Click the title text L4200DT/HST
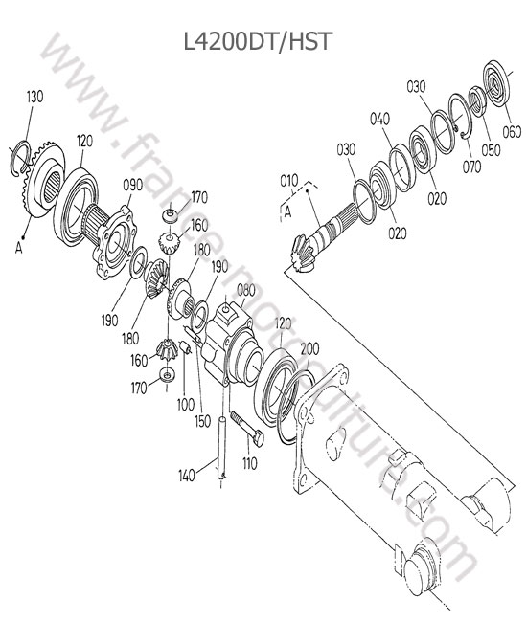click(x=258, y=41)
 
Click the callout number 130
click(x=34, y=97)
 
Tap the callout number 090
click(x=132, y=185)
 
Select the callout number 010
click(x=289, y=181)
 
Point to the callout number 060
click(x=512, y=132)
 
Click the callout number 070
click(x=471, y=167)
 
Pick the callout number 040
click(x=380, y=119)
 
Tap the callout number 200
click(x=309, y=348)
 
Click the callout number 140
click(x=187, y=476)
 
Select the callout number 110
click(x=249, y=463)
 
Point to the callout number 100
click(x=186, y=405)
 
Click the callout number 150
click(x=202, y=421)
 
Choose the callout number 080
click(x=246, y=290)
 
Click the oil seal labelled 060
click(x=495, y=82)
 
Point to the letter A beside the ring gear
click(x=18, y=248)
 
